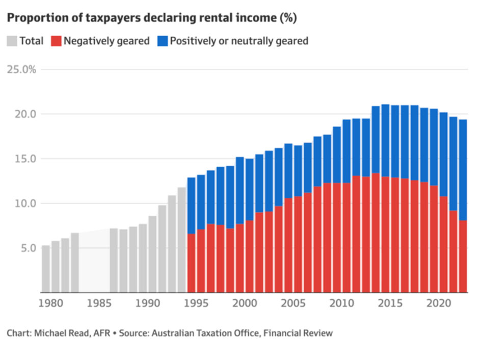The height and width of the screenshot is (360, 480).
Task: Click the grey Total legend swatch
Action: pyautogui.click(x=12, y=41)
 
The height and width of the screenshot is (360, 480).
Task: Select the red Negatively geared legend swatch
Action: pyautogui.click(x=56, y=41)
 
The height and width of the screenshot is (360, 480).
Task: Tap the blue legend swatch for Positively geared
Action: pyautogui.click(x=163, y=41)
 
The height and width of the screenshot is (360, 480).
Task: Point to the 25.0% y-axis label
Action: pyautogui.click(x=21, y=69)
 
